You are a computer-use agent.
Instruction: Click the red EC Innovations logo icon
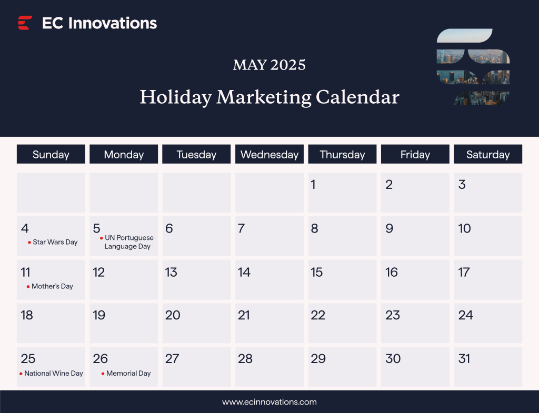tap(25, 23)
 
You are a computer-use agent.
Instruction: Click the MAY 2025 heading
tap(269, 65)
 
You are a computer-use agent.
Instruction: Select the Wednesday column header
tap(269, 155)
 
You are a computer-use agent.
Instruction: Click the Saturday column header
tap(488, 155)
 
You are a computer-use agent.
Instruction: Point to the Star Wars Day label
tap(55, 242)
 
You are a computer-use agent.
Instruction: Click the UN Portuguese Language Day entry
tap(128, 242)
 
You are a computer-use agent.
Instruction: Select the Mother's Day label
tap(52, 286)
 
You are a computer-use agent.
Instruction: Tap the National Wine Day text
tap(54, 373)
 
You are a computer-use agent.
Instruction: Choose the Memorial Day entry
tap(128, 373)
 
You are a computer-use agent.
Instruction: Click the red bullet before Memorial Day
tap(103, 374)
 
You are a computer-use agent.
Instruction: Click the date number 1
tap(313, 185)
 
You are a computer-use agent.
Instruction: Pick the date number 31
tap(464, 359)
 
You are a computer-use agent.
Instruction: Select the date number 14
tap(244, 272)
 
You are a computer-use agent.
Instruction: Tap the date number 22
tap(318, 315)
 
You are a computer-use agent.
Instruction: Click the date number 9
tap(390, 228)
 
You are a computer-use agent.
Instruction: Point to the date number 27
tap(172, 359)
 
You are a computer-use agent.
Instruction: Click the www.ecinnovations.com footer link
tap(269, 402)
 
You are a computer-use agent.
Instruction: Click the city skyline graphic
tap(473, 67)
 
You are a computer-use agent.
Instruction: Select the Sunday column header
tap(51, 155)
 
